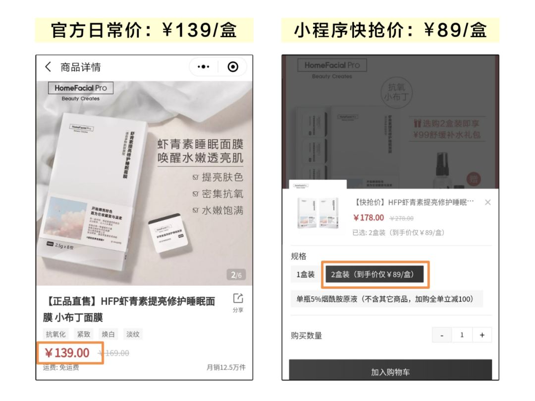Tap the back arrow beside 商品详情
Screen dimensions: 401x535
48,67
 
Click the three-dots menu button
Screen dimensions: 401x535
204,67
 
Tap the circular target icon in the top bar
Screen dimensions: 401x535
232,67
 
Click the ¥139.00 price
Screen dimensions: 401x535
67,353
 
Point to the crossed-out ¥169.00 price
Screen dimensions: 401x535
113,353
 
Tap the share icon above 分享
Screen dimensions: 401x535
238,298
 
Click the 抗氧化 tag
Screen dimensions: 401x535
55,334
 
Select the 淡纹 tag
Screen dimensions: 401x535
133,334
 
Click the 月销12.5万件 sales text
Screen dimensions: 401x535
226,367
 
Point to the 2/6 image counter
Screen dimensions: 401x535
236,275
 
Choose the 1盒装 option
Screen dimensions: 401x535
306,274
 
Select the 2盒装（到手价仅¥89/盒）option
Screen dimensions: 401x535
374,274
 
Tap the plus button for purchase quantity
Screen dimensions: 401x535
482,335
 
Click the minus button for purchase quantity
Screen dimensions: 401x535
442,335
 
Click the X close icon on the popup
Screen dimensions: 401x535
488,202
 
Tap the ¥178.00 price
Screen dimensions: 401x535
369,218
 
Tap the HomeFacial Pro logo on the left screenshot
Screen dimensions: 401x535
81,88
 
